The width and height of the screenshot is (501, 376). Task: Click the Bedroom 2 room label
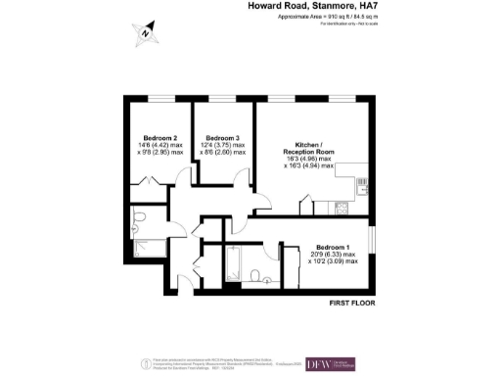point(160,137)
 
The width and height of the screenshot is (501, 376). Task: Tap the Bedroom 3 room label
point(223,137)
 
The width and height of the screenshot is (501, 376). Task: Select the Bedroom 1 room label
point(337,247)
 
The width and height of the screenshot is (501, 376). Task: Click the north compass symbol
point(145,32)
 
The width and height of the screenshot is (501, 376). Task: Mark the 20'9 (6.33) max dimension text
point(337,255)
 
